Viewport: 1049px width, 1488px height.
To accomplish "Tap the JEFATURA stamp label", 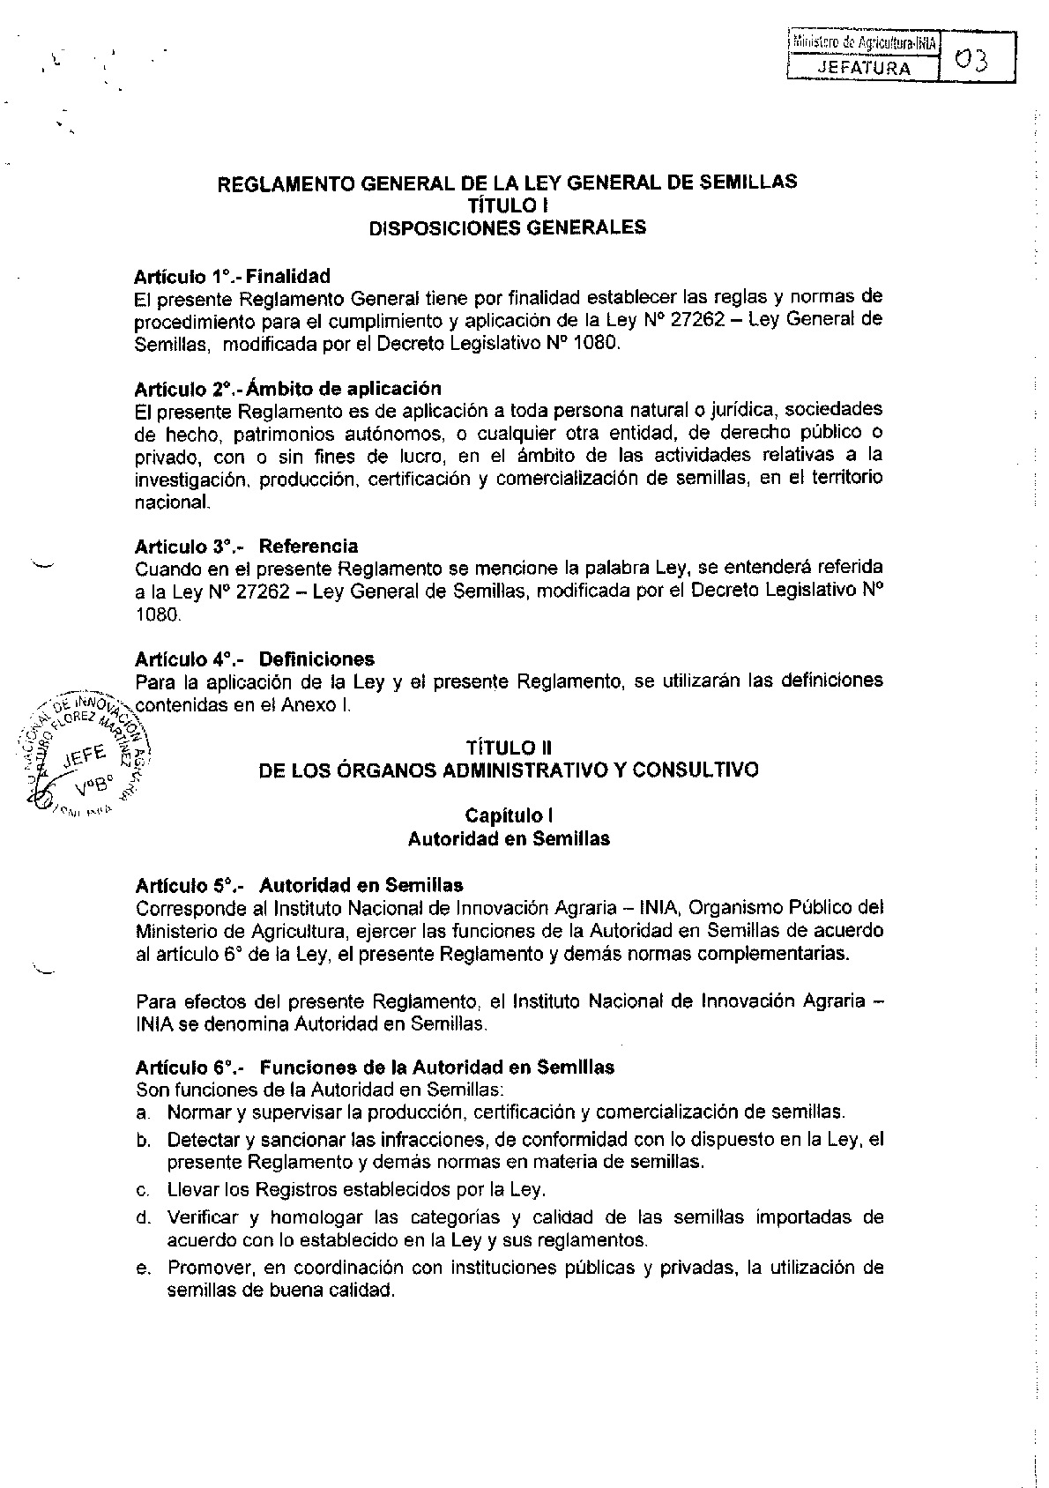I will pos(861,67).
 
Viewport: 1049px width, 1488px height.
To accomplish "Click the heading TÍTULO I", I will pos(507,205).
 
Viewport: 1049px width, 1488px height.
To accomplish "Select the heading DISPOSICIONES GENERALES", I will pos(507,227).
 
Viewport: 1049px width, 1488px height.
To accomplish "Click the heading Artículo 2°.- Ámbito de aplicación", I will pos(287,389).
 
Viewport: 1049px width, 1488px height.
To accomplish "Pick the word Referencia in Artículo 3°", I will pos(309,547).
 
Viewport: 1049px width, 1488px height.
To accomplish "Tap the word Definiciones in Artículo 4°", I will pos(316,658).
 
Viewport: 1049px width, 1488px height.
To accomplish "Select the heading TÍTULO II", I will pos(507,748).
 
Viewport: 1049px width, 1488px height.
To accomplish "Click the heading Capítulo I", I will pos(509,815).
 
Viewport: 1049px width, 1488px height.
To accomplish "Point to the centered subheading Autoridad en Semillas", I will pos(509,838).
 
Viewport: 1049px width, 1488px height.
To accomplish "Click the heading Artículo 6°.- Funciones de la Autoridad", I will pos(375,1067).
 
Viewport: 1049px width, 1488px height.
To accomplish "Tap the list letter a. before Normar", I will pos(142,1112).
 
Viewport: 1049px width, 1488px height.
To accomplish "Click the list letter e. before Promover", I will pos(142,1269).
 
